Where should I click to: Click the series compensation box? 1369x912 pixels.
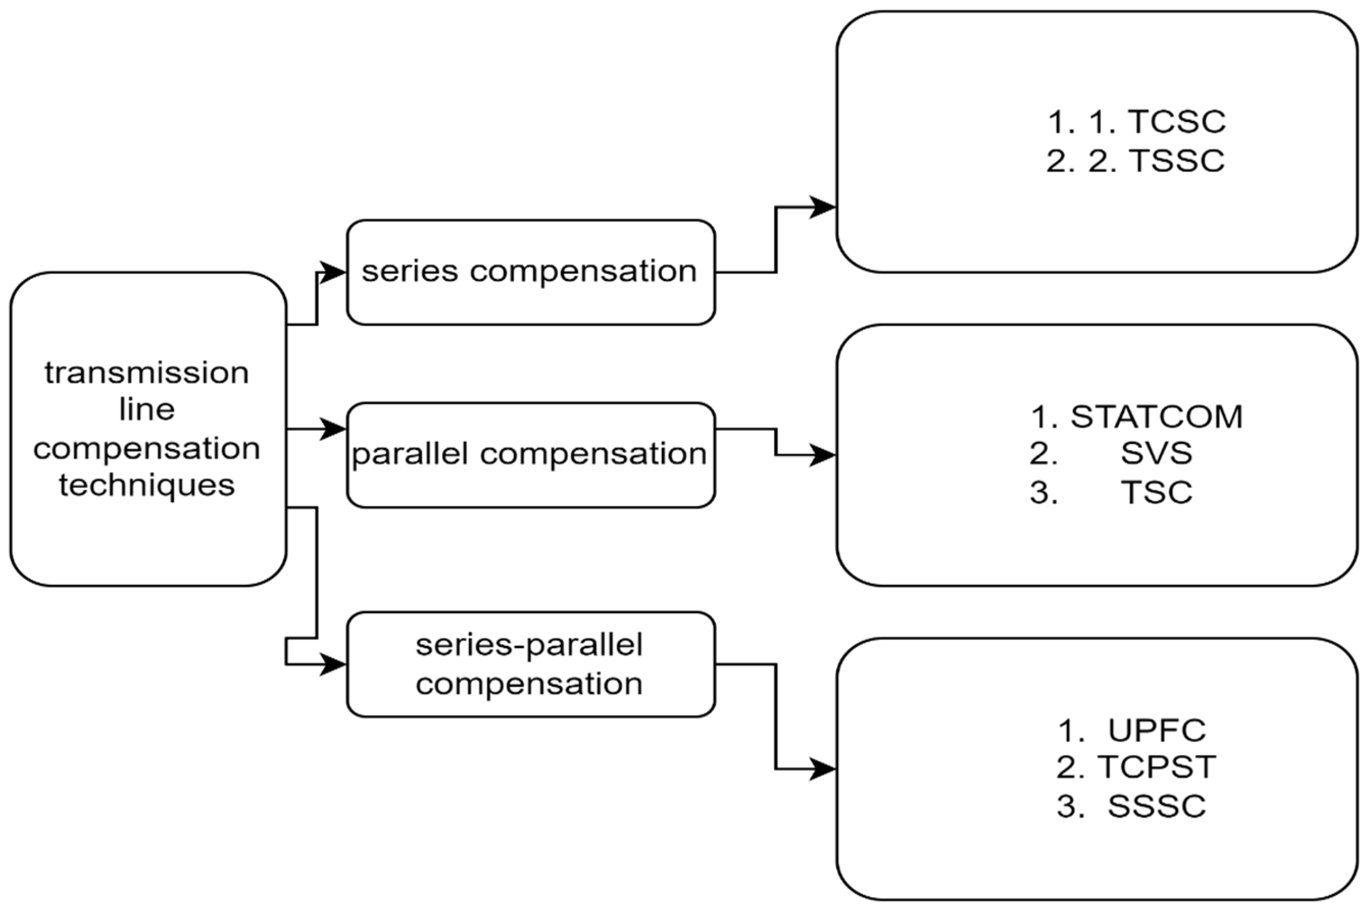(x=530, y=272)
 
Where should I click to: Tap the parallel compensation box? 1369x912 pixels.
(x=530, y=455)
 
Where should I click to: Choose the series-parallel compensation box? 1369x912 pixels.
(x=530, y=664)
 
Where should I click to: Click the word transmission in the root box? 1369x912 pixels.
(x=146, y=373)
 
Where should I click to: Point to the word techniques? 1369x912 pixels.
(x=146, y=486)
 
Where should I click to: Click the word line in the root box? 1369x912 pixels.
(x=146, y=410)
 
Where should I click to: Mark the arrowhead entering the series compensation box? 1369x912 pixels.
(x=334, y=272)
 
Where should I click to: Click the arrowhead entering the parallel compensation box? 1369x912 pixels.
(x=334, y=429)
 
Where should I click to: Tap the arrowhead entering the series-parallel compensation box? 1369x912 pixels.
(x=334, y=664)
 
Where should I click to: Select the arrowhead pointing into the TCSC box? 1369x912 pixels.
(x=824, y=206)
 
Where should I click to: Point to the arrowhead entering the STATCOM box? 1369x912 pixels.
(x=824, y=455)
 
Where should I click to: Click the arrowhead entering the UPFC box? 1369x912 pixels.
(x=824, y=769)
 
